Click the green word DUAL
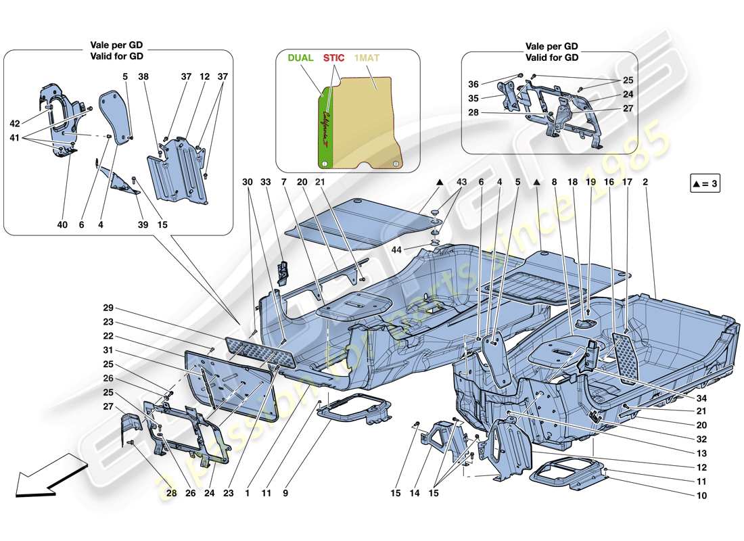click(x=300, y=58)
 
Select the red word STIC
click(x=333, y=58)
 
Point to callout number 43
click(x=461, y=183)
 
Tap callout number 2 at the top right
click(x=645, y=183)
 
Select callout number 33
click(x=266, y=183)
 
